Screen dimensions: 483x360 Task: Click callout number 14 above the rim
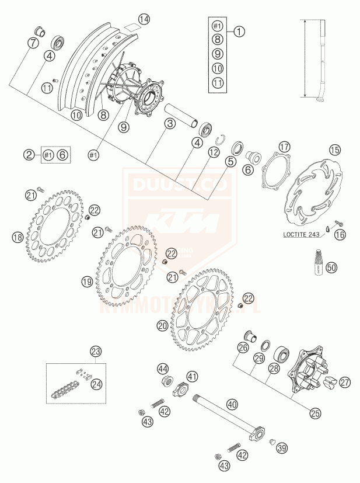pyautogui.click(x=144, y=19)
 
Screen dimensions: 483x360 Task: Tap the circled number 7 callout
pyautogui.click(x=33, y=43)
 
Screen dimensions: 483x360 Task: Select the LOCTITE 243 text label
pyautogui.click(x=301, y=235)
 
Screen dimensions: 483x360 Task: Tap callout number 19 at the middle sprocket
pyautogui.click(x=87, y=282)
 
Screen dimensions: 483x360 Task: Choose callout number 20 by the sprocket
pyautogui.click(x=162, y=325)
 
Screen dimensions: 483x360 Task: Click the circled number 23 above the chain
pyautogui.click(x=95, y=351)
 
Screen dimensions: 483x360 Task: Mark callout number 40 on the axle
pyautogui.click(x=232, y=403)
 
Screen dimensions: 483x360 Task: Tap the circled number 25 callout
pyautogui.click(x=316, y=412)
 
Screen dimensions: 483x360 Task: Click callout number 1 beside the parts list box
pyautogui.click(x=239, y=32)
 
